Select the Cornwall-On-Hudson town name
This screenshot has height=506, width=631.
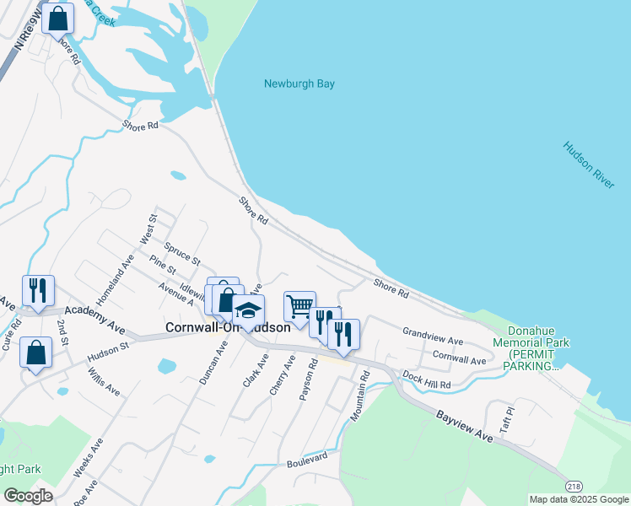coord(228,327)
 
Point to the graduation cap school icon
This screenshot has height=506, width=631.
coord(249,312)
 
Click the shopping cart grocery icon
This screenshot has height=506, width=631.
coord(299,308)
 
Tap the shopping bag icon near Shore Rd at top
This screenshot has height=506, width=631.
coord(58,19)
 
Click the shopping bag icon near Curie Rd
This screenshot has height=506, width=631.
coord(36,354)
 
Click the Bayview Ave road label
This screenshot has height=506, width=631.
coord(464,426)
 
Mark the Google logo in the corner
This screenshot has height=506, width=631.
coord(28,496)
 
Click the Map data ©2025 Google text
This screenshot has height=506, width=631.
coord(578,499)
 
